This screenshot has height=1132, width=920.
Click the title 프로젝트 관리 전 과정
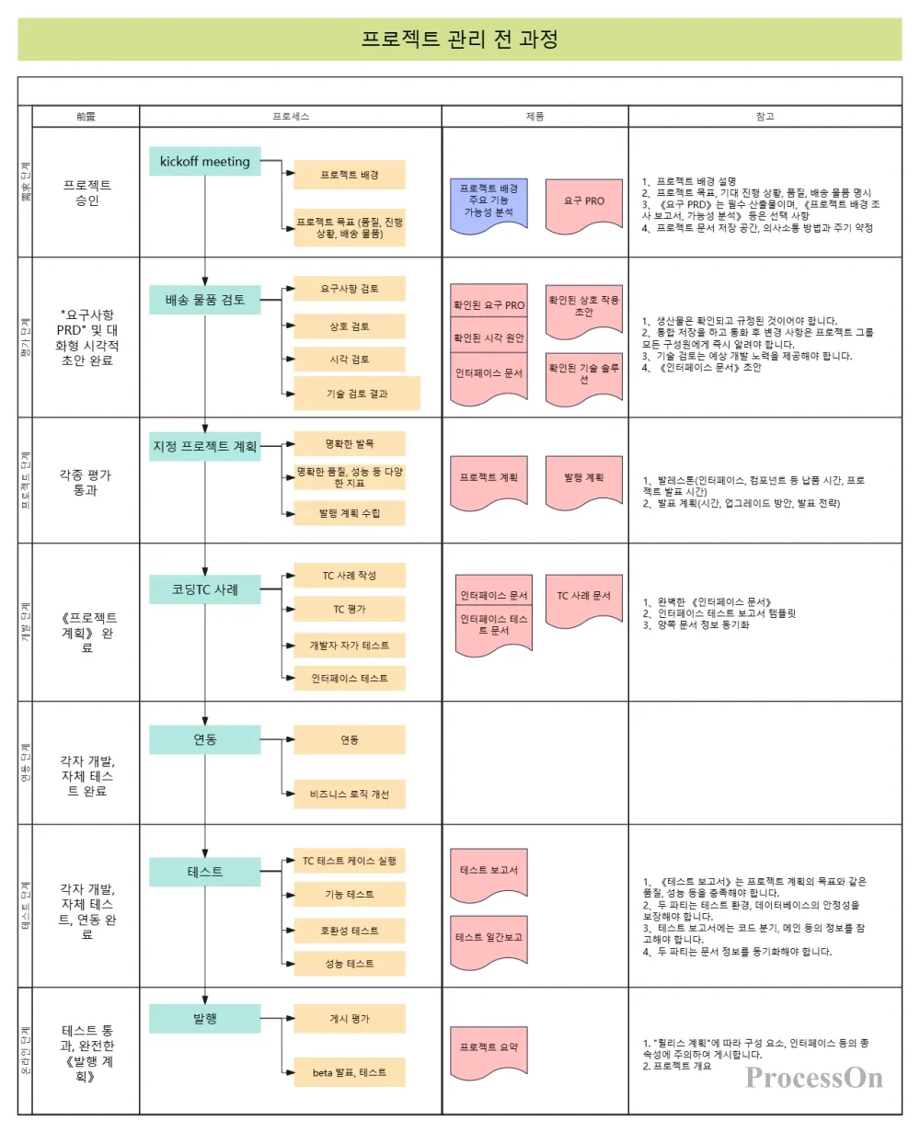click(x=459, y=40)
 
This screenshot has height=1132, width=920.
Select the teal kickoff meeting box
click(x=205, y=161)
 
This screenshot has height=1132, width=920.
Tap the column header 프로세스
click(x=291, y=117)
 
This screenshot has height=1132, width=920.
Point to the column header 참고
click(x=765, y=117)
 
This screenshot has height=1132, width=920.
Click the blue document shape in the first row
click(x=489, y=202)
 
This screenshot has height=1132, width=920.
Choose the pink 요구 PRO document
click(x=584, y=202)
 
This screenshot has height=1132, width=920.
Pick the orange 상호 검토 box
click(x=350, y=326)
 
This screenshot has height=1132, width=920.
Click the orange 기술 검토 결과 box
click(x=357, y=394)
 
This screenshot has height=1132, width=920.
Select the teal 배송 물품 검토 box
click(x=205, y=300)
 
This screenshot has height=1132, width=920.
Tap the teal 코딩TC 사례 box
click(x=205, y=589)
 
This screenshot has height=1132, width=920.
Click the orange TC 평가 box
click(x=350, y=609)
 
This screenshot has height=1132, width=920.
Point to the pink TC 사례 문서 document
click(x=584, y=598)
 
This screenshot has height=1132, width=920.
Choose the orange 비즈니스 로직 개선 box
click(x=350, y=794)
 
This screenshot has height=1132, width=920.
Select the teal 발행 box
click(x=205, y=1019)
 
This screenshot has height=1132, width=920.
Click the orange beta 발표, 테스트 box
click(x=350, y=1072)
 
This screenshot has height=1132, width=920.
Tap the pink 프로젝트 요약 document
click(x=489, y=1049)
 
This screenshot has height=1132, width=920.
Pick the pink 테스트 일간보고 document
click(x=489, y=939)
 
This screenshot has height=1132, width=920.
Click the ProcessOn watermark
click(x=814, y=1078)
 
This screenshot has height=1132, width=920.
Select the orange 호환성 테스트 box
click(x=350, y=931)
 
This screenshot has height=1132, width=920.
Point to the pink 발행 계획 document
click(x=584, y=480)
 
